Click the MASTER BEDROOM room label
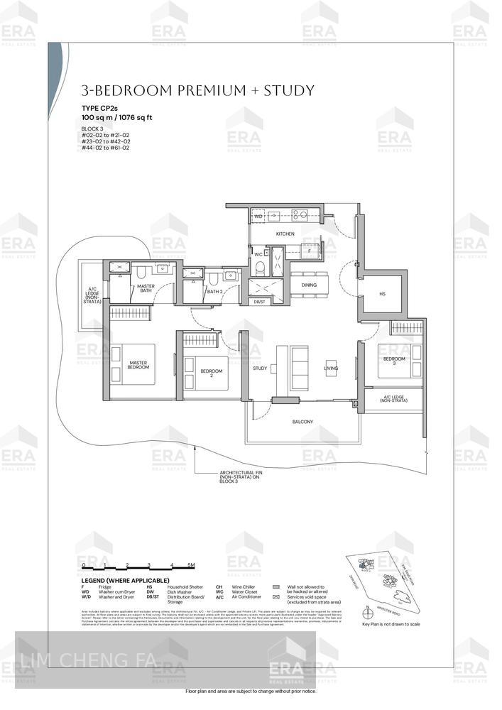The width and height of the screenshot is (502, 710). tap(138, 365)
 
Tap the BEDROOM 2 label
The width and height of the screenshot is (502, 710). tap(210, 371)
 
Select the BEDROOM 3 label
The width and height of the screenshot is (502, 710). tap(394, 360)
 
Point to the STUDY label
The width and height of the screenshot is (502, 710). tap(260, 368)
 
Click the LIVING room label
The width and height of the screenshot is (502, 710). tap(332, 368)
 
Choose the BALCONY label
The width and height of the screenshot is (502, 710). tap(302, 422)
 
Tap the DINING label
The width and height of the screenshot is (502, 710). tap(309, 285)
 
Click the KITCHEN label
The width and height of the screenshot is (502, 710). tap(285, 234)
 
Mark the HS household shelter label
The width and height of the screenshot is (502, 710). tap(382, 293)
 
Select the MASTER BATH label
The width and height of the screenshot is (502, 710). tap(146, 288)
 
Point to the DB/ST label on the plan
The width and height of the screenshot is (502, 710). tap(259, 302)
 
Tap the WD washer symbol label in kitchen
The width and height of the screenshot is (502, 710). tap(258, 215)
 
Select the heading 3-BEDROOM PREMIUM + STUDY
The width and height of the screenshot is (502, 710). tap(197, 90)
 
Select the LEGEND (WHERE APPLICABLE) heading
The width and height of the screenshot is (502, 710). tap(125, 581)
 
